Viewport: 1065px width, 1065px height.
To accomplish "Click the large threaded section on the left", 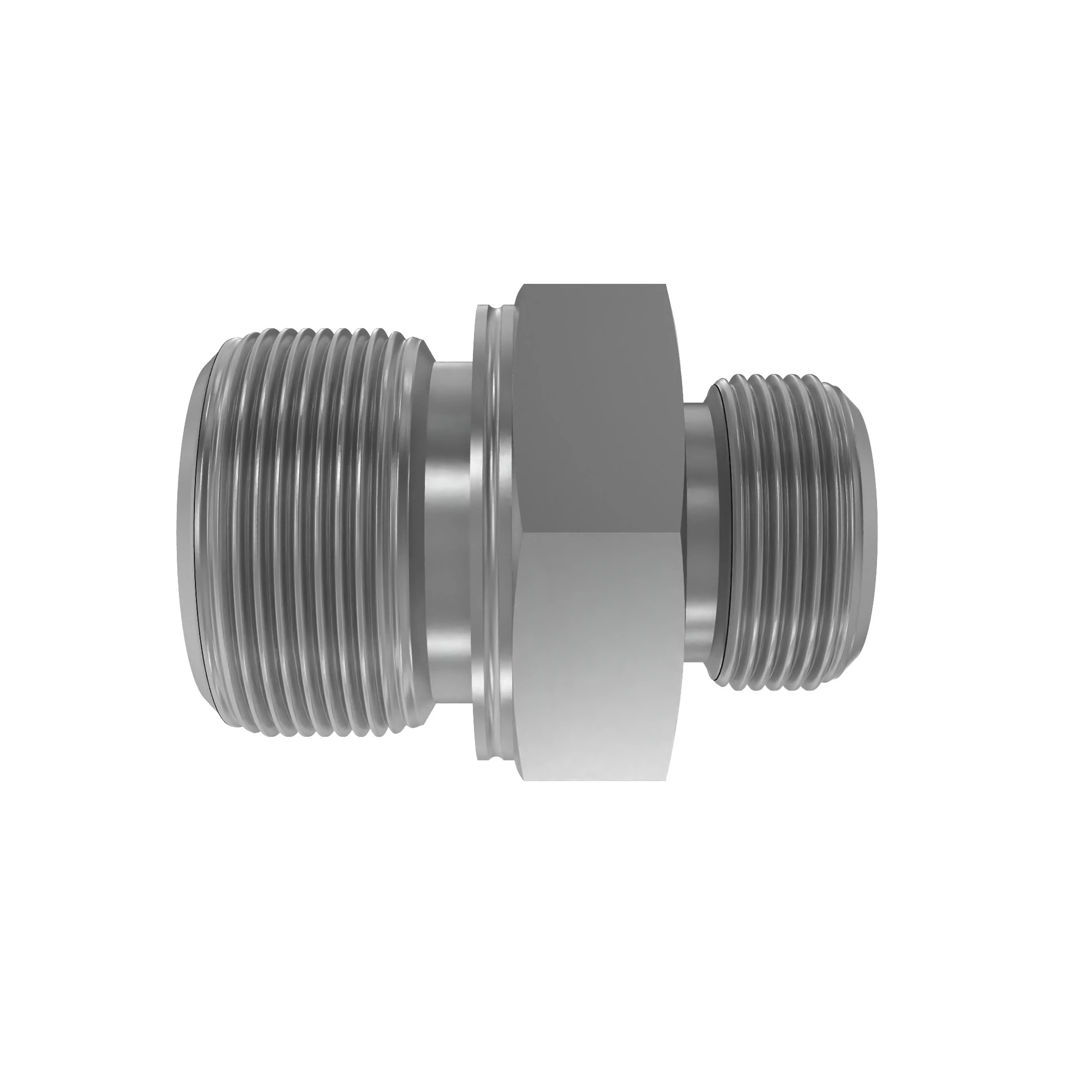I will tap(309, 532).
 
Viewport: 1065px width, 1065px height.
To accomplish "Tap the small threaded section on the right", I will tap(794, 532).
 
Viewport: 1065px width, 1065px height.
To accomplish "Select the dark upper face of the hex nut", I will tap(598, 408).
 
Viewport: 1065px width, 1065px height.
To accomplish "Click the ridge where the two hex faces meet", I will tap(598, 531).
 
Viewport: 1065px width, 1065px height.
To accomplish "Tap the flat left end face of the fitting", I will tap(186, 532).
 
